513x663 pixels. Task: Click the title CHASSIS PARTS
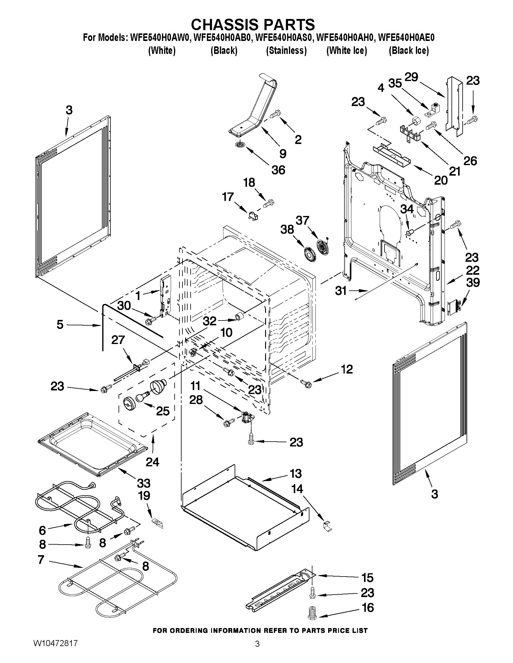click(x=253, y=24)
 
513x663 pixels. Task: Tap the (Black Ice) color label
click(x=409, y=50)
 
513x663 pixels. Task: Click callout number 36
click(x=278, y=170)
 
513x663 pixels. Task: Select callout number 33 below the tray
click(x=144, y=483)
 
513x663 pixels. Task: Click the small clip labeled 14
click(x=327, y=525)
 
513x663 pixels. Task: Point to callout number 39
click(x=473, y=282)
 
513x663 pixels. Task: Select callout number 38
click(x=287, y=230)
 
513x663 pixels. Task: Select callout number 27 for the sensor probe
click(x=118, y=340)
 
